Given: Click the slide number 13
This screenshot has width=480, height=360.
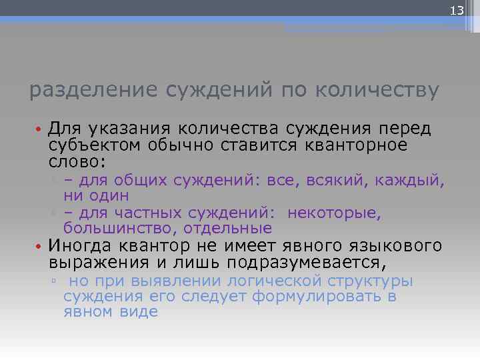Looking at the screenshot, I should point(457,11).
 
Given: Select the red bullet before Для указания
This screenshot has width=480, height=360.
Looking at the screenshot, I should point(39,127).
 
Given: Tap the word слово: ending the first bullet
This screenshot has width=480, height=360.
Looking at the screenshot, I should point(74,162).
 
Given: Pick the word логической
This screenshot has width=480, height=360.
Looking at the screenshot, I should point(274,281).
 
